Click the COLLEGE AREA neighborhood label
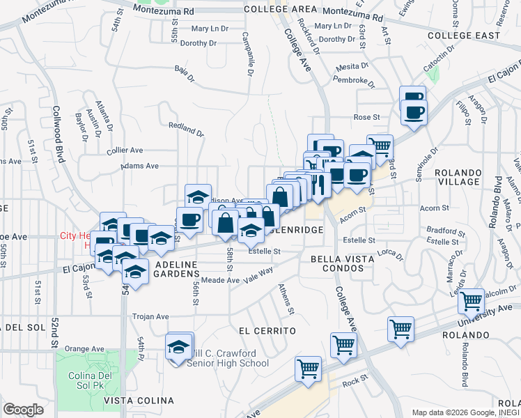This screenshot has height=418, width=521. click(281, 9)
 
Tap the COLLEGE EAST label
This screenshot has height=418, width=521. click(464, 36)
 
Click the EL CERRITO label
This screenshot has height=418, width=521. click(267, 330)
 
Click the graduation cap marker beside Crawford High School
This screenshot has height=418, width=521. click(179, 346)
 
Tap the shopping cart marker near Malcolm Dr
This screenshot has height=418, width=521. click(472, 301)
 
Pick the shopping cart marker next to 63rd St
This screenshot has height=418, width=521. click(380, 147)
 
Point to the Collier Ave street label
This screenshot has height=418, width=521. click(125, 150)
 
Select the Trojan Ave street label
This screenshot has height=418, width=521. click(150, 316)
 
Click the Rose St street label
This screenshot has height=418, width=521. click(366, 117)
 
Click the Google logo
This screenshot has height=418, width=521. click(23, 410)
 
